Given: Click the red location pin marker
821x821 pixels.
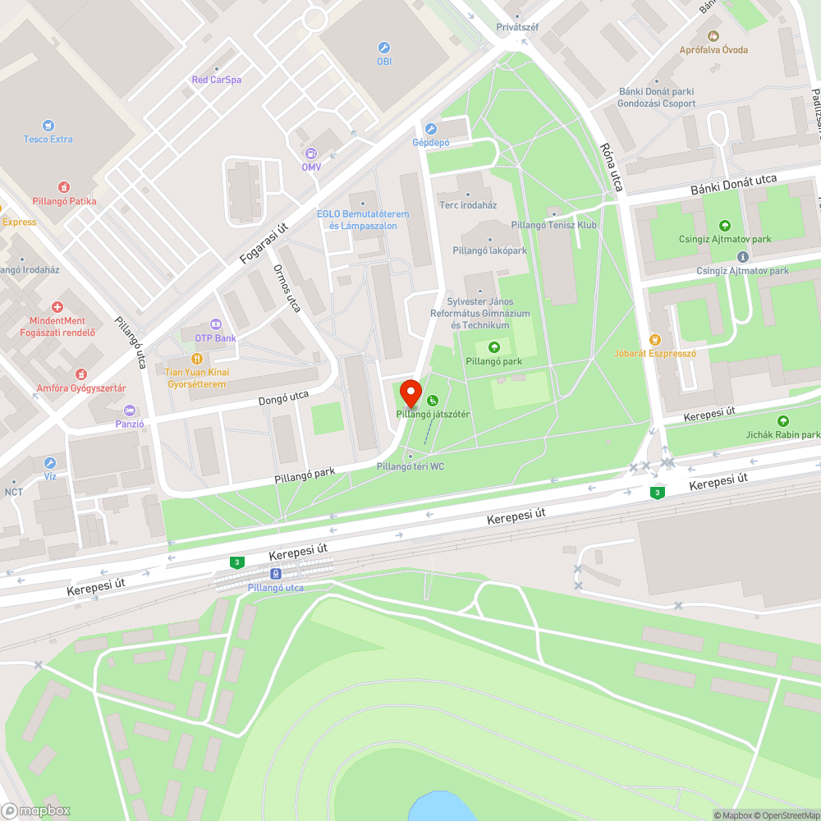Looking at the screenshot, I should [410, 392].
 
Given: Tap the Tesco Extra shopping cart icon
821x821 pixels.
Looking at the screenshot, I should [48, 125].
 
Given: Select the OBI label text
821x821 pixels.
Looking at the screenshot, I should [383, 62].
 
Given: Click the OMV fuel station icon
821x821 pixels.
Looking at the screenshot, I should [311, 153].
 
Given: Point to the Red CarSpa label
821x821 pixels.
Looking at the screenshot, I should [216, 80].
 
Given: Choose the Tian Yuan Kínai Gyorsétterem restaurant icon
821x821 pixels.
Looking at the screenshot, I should [197, 359].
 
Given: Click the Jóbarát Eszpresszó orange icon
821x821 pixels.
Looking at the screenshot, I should [654, 339].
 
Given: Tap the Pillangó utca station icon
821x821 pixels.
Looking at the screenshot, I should [276, 575].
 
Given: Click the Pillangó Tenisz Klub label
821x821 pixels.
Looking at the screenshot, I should [553, 225].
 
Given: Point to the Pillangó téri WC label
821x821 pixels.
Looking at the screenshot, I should [410, 466].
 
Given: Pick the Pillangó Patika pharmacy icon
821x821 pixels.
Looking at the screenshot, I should [64, 187].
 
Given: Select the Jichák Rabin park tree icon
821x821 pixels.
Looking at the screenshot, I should [782, 421].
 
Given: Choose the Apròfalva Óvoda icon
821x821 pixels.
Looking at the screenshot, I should [713, 36].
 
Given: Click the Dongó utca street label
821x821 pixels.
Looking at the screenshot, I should [283, 398].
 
